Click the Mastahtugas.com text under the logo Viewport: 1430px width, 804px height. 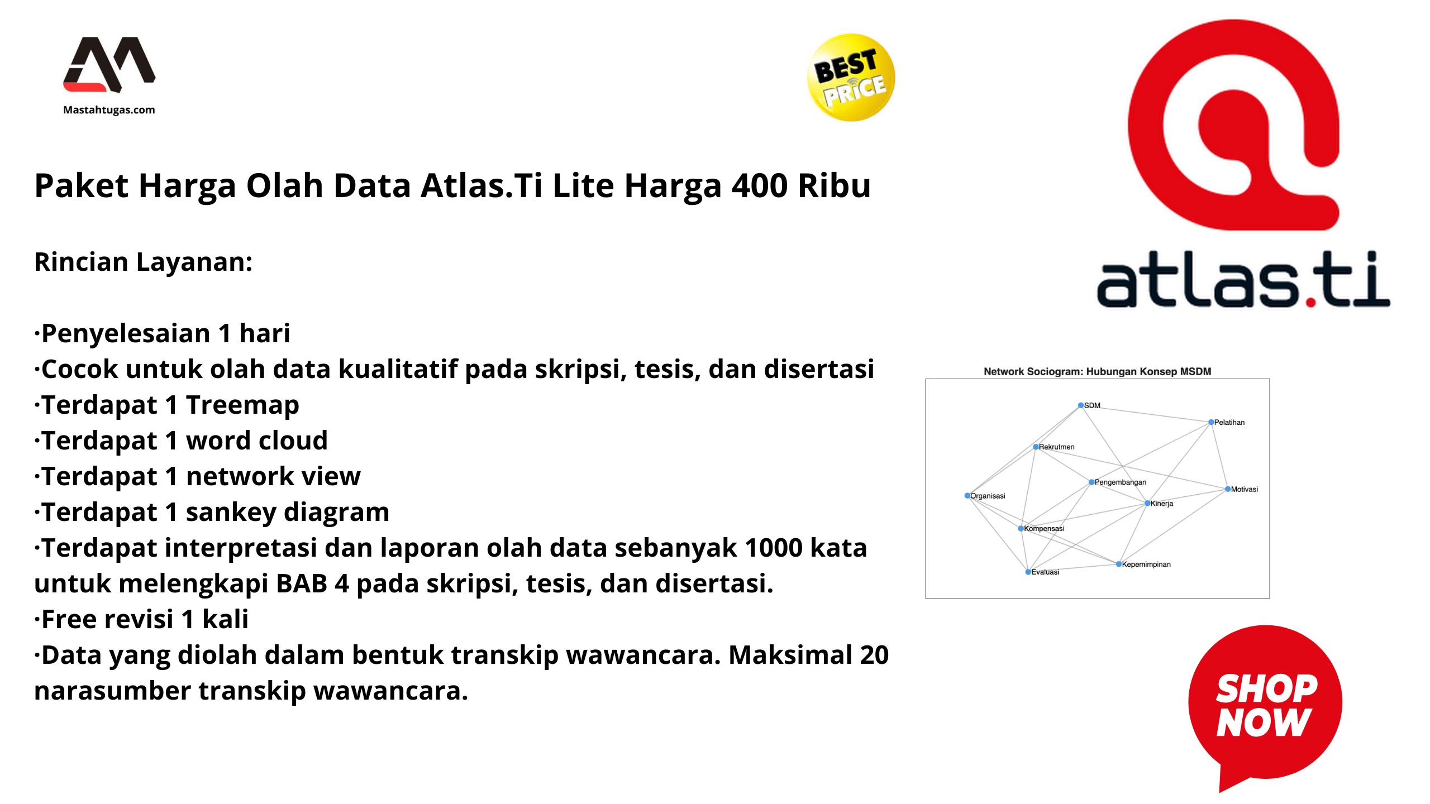[x=109, y=110]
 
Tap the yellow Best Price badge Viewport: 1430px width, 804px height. [x=850, y=78]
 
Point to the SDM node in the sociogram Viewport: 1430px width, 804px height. [x=1081, y=405]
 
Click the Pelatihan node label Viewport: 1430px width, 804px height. [x=1229, y=423]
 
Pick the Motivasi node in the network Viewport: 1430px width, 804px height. [x=1228, y=489]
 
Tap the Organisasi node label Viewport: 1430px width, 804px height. [x=987, y=496]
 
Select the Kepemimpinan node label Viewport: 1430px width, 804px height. [x=1146, y=564]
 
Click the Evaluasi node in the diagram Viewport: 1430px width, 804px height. [x=1028, y=572]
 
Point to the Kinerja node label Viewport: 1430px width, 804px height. [x=1161, y=504]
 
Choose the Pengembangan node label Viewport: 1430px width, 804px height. [x=1120, y=482]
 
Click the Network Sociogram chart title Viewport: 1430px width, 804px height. [x=1097, y=371]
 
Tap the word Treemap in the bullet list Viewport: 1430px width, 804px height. [x=242, y=405]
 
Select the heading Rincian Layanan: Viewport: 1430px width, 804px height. [x=144, y=262]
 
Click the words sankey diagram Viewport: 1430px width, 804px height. [x=287, y=512]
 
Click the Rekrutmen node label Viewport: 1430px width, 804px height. [x=1056, y=447]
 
